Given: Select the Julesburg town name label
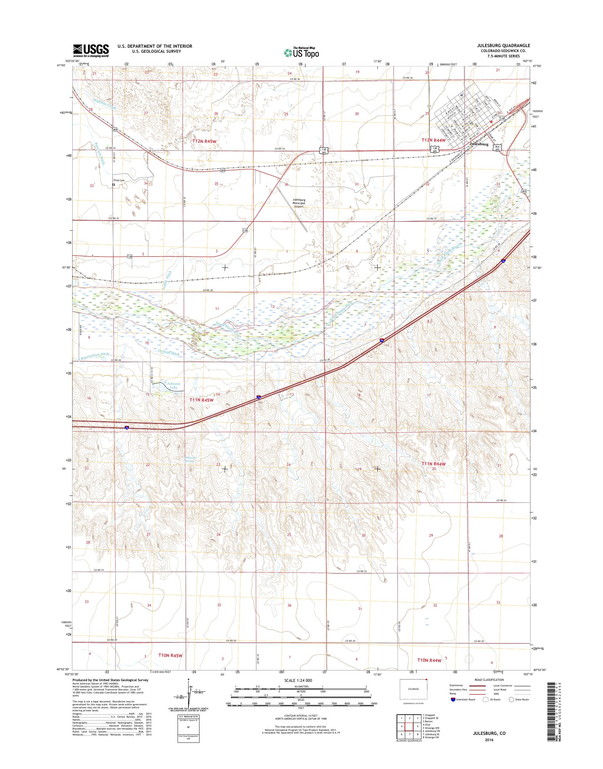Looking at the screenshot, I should (x=479, y=145).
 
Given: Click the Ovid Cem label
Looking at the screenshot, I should (x=119, y=180).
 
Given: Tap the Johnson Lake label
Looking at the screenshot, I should (x=173, y=385).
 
